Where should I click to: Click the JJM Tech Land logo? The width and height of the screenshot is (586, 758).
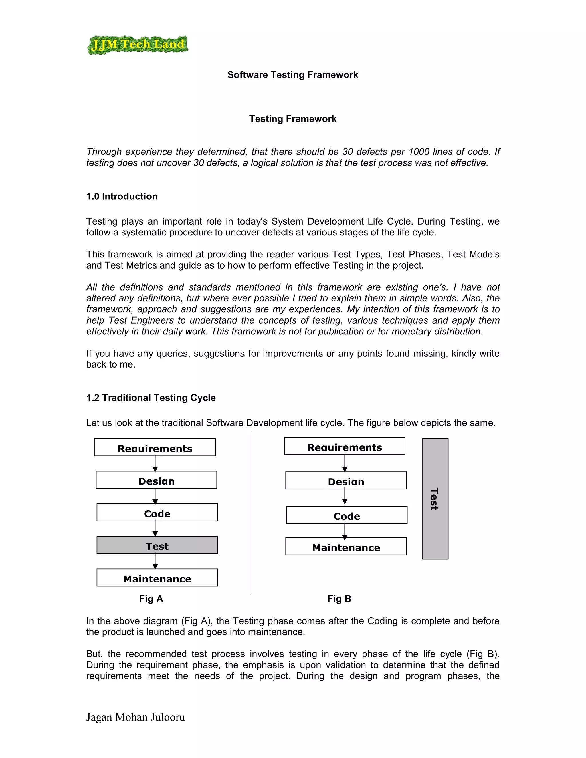(137, 45)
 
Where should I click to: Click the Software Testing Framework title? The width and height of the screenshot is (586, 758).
(293, 75)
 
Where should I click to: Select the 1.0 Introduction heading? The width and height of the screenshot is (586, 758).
(122, 197)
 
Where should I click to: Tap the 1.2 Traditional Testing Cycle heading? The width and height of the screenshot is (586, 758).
(151, 398)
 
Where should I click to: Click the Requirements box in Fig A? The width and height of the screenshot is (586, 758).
(155, 447)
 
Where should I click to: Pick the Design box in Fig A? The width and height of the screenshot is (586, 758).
(156, 480)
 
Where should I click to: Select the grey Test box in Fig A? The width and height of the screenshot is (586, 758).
(157, 545)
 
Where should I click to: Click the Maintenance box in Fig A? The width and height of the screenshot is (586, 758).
(157, 578)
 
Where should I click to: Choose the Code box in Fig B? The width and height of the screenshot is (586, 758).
(347, 515)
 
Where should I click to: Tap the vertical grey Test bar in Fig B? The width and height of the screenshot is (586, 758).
(435, 499)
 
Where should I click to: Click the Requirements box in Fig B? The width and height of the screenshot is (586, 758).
(345, 446)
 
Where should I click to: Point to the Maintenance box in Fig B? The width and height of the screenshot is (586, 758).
(346, 547)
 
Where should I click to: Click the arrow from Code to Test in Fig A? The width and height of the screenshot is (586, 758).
(155, 529)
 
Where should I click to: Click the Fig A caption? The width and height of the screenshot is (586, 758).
(151, 599)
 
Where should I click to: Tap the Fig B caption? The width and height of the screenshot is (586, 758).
(339, 599)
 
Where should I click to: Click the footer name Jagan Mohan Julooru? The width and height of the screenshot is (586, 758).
(135, 717)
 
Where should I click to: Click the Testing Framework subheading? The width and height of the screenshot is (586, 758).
(293, 119)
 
